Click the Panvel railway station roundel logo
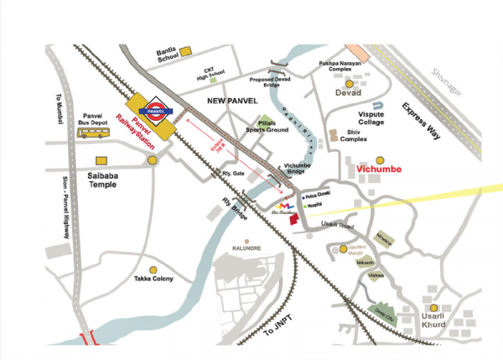click(x=157, y=109)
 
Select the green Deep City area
click(x=384, y=307)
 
